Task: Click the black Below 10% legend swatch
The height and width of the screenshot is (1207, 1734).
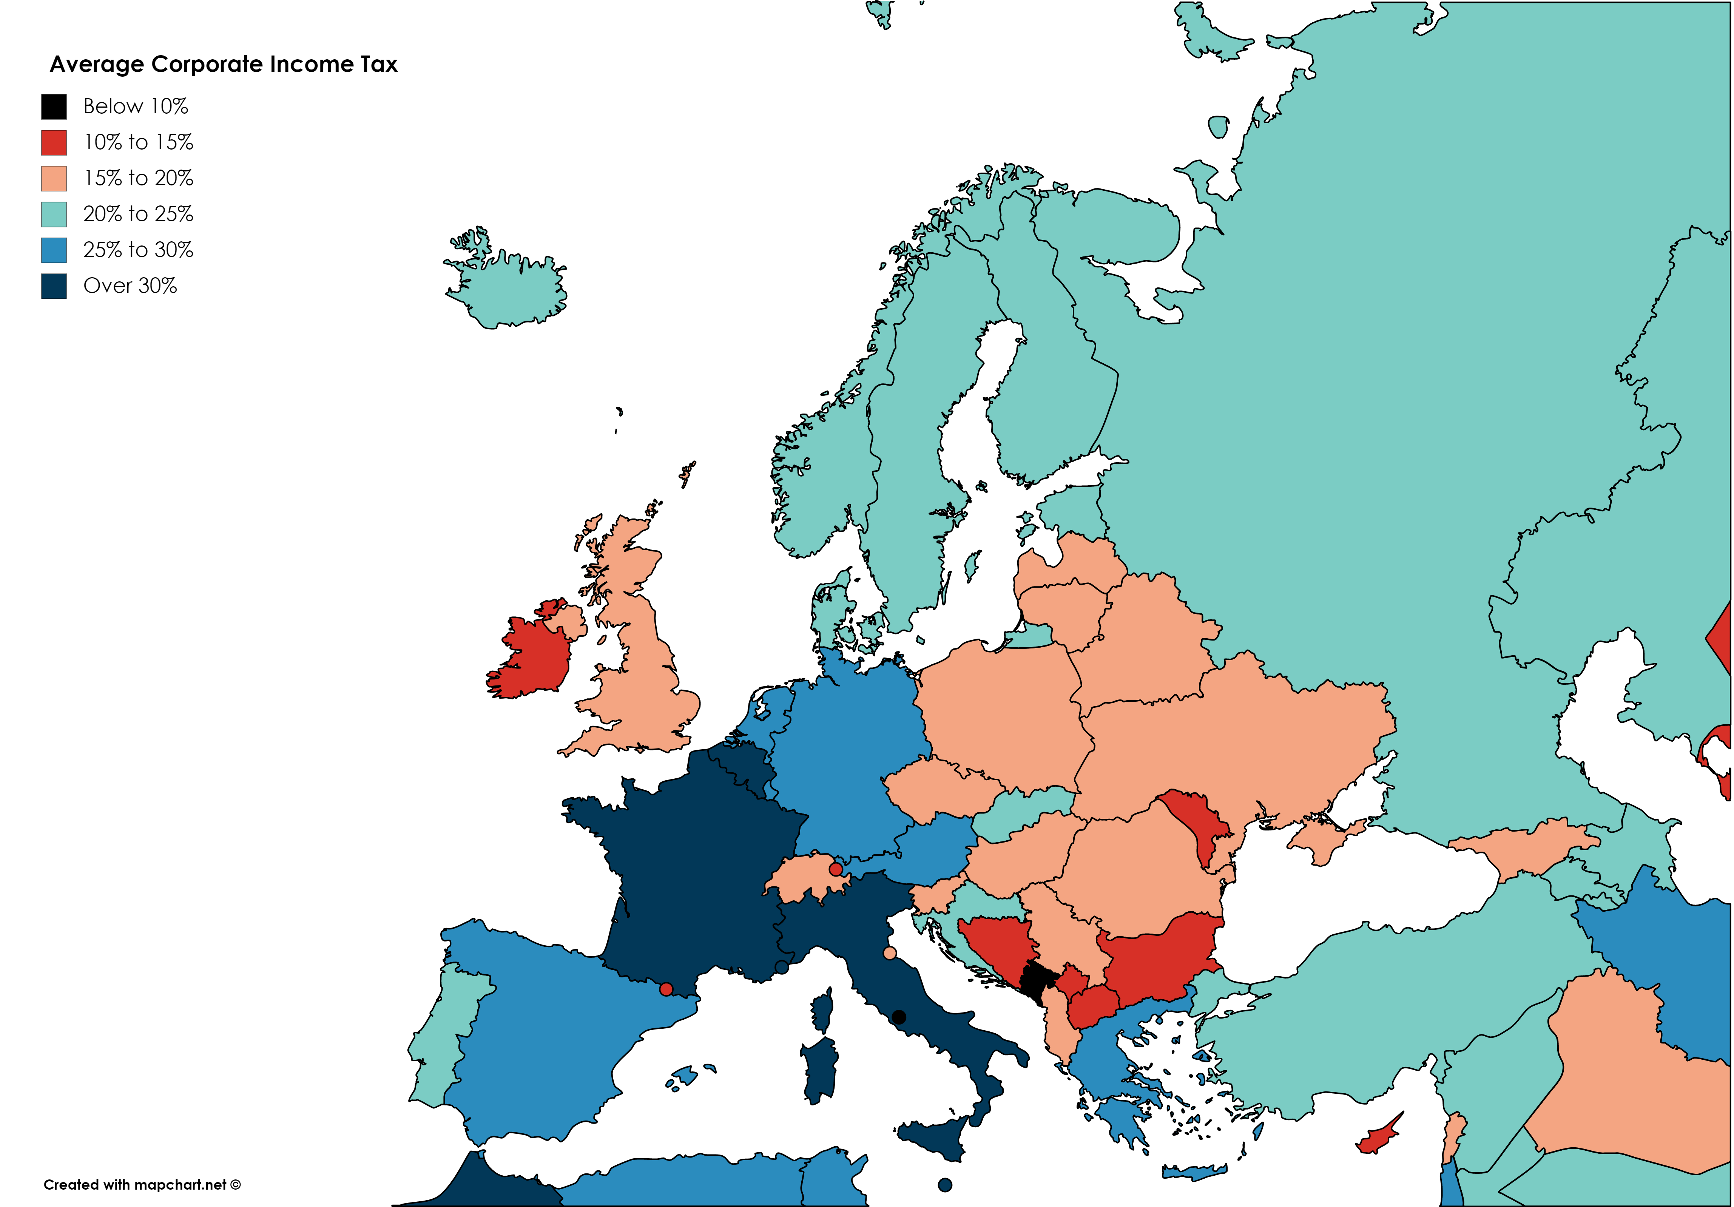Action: coord(54,106)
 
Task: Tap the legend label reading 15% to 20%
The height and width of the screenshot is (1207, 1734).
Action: coord(138,178)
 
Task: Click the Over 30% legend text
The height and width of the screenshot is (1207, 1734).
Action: coord(130,286)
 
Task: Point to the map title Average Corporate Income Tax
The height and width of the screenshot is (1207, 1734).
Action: coord(224,64)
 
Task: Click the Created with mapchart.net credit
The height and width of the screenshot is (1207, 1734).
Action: coord(142,1184)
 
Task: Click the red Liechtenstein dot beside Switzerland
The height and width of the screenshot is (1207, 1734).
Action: coord(835,869)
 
